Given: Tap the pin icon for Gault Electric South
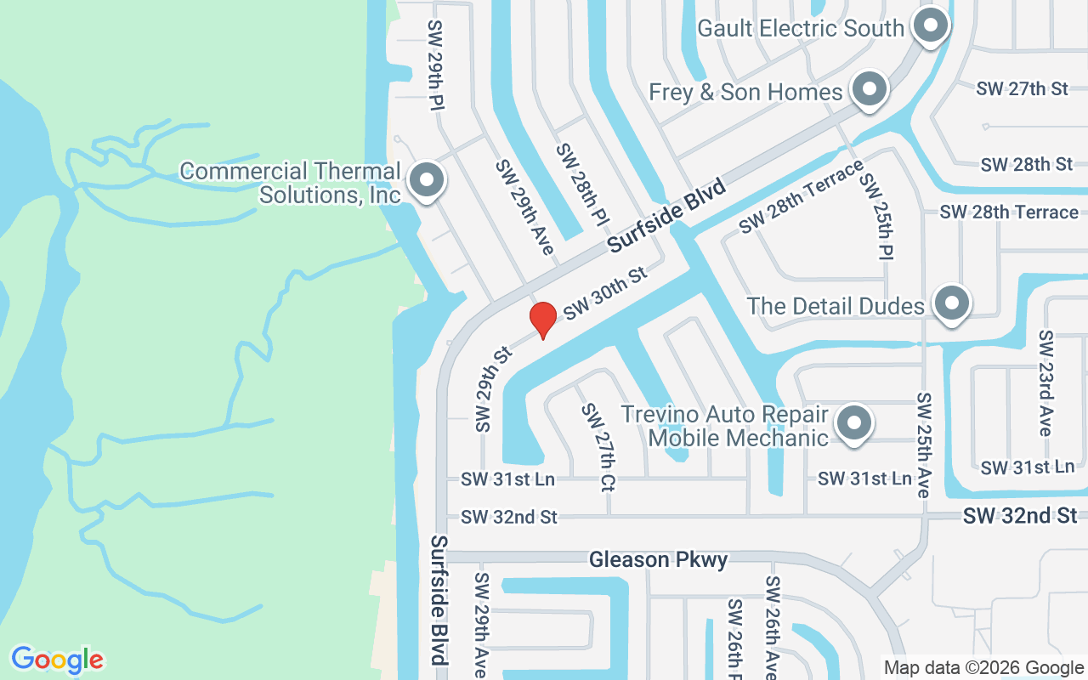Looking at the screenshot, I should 931,25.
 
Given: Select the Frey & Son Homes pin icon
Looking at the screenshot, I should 869,89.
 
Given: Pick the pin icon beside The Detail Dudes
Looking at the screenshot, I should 951,303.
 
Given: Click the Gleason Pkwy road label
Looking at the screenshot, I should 659,559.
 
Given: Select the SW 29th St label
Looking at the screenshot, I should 492,389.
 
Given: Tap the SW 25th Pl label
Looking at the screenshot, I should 875,217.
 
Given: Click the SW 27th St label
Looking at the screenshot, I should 1023,88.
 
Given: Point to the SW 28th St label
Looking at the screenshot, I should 1027,164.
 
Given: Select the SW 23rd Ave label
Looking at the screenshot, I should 1046,383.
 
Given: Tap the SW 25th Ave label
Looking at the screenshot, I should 924,445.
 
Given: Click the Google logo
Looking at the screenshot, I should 57,660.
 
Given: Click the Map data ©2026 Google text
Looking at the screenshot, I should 983,668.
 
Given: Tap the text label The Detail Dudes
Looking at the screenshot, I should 836,306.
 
